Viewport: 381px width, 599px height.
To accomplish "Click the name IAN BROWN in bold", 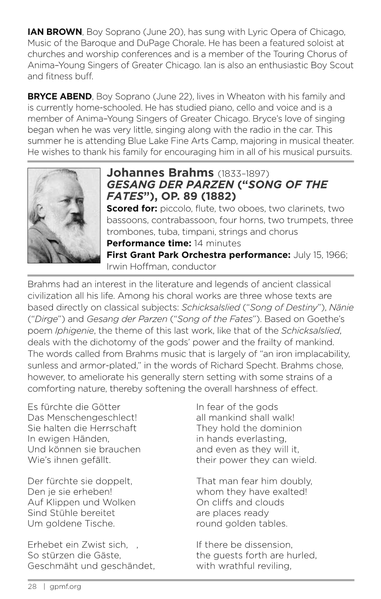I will pos(55,32).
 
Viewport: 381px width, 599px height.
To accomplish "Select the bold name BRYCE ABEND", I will pos(59,97).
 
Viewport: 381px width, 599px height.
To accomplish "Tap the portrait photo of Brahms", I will pos(64,215).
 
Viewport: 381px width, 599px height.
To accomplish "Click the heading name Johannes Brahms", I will pos(160,173).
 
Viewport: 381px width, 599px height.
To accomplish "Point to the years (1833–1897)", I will pos(243,173).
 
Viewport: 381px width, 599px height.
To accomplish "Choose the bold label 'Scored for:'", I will pos(132,209).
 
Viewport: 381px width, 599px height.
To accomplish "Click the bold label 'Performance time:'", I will pos(149,243).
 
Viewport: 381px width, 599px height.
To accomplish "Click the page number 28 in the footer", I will pos(32,587).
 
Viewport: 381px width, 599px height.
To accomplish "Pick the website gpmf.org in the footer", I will pos(65,587).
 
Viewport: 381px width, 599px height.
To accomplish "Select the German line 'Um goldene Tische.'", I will pos(71,524).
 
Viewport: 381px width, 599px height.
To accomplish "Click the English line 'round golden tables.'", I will pos(242,524).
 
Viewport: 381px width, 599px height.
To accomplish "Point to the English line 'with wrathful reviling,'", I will pos(243,566).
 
